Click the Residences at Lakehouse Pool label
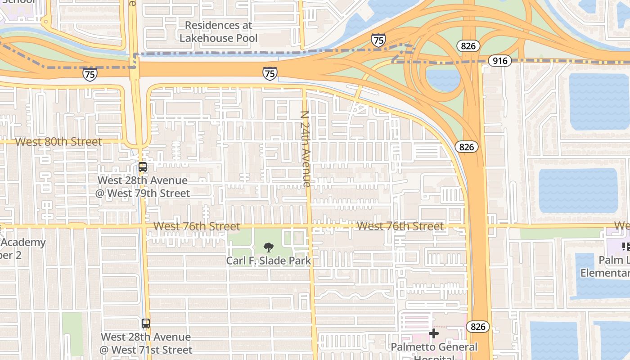point(219,31)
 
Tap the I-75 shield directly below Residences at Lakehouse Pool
point(270,73)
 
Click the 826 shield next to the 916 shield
point(468,45)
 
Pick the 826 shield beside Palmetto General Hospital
point(477,326)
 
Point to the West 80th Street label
point(58,142)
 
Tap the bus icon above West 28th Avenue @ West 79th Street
point(143,167)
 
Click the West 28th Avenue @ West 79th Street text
point(143,187)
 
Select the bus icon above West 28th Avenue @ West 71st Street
point(145,323)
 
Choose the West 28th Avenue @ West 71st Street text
point(146,343)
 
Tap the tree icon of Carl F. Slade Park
point(268,247)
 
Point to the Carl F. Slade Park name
point(268,261)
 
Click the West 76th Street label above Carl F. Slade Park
point(197,226)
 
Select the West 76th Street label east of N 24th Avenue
point(400,226)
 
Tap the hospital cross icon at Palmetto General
point(434,333)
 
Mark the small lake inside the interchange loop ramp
point(443,79)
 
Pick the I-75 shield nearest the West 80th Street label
point(90,74)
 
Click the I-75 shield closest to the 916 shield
point(378,40)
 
